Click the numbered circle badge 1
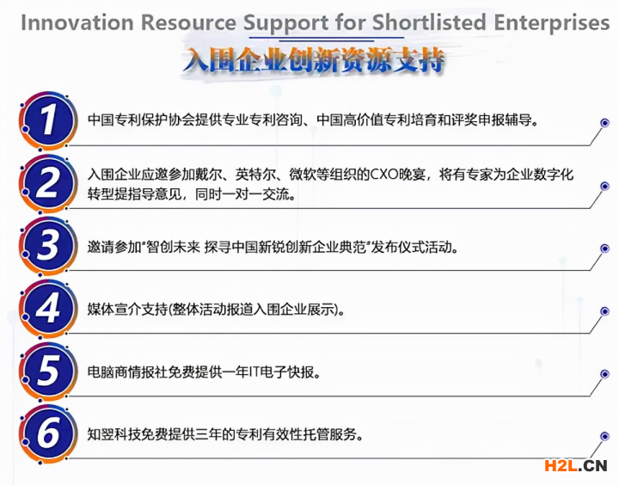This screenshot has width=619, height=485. pos(48,120)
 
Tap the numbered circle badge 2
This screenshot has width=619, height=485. pos(48,184)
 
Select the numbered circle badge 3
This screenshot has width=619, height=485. pos(48,246)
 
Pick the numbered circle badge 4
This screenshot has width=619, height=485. pos(48,309)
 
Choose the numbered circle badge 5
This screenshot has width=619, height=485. pos(48,371)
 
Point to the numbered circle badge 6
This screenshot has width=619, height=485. pos(48,434)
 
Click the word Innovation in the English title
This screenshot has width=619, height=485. pos(77,22)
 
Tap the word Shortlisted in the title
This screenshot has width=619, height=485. pos(429,22)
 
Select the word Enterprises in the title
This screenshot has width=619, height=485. pos(552,23)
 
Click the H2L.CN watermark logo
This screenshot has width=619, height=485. pos(575,465)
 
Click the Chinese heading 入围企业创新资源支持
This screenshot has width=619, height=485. pos(314,60)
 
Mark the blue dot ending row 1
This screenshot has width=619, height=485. pos(604,123)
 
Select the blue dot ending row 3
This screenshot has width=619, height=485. pos(604,249)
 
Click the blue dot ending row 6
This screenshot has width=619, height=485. pos(604,437)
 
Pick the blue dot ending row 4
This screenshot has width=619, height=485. pos(604,311)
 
